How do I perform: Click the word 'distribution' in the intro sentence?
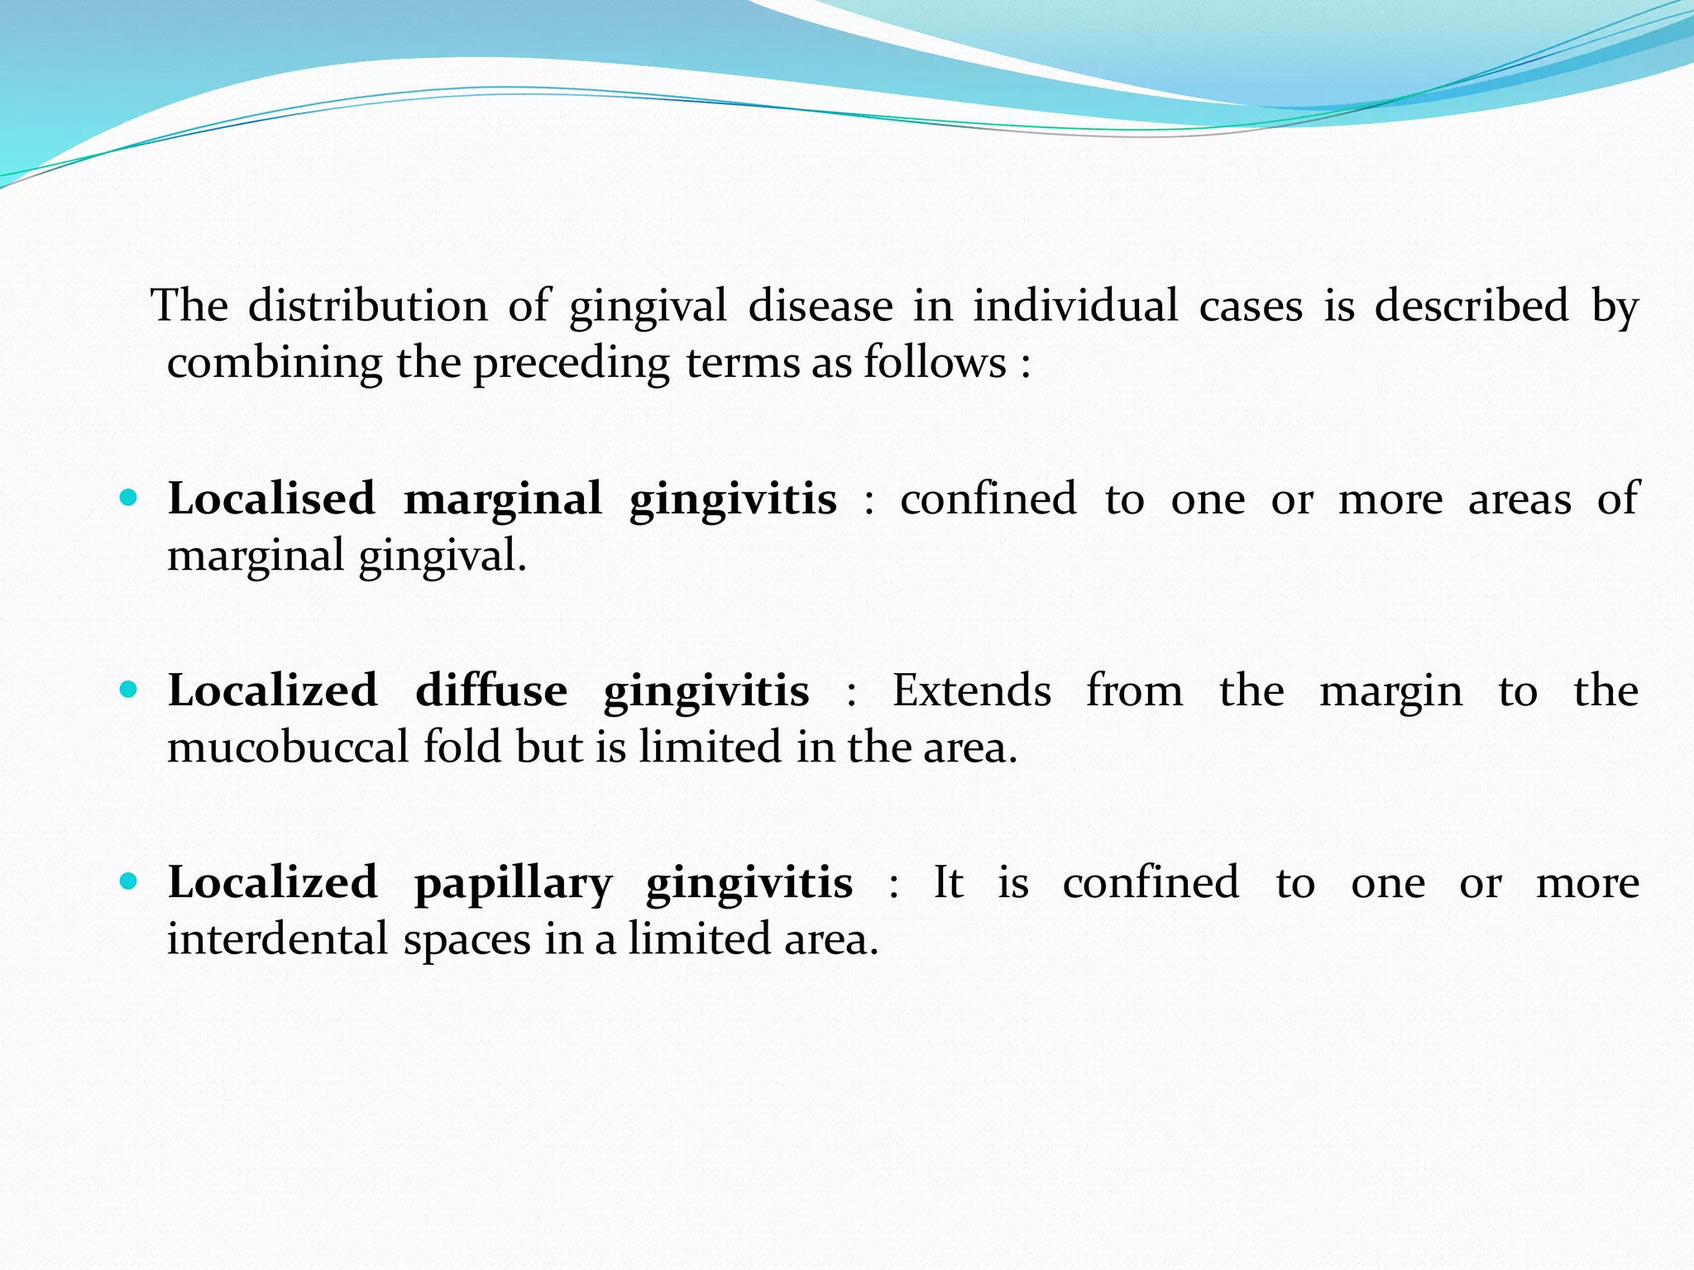(x=367, y=306)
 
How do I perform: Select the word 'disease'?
(x=821, y=306)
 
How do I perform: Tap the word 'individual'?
(x=1075, y=306)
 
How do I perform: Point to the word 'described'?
(x=1471, y=306)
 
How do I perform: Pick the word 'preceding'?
(x=572, y=364)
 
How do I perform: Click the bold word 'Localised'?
(x=271, y=499)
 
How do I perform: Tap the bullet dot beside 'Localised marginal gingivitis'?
(x=128, y=498)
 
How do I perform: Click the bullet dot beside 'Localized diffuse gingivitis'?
(x=128, y=690)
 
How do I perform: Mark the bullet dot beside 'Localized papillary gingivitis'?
(x=128, y=881)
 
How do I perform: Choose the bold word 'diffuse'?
(x=491, y=691)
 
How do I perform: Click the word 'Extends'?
(x=972, y=691)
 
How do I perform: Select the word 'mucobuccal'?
(x=288, y=747)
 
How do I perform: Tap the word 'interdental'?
(x=278, y=939)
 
